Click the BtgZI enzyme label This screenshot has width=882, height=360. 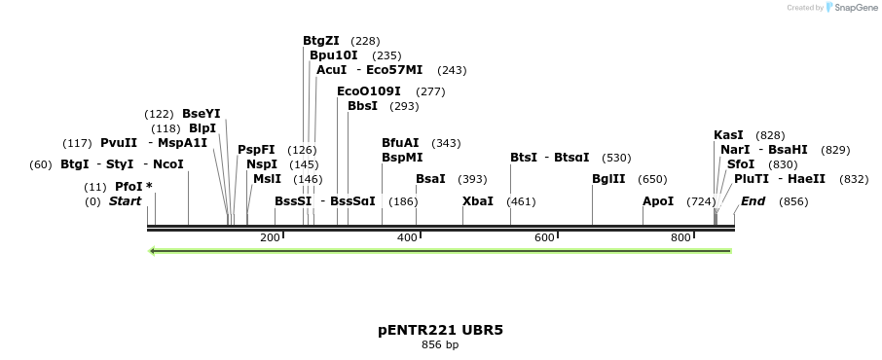point(321,41)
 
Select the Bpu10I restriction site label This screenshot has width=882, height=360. point(334,55)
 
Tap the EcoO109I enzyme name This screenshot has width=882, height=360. point(368,91)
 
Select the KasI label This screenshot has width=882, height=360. point(728,135)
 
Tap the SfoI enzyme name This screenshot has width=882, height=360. point(740,164)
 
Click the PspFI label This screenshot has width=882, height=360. point(256,150)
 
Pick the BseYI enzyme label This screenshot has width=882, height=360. point(202,114)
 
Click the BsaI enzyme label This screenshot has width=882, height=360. point(430,179)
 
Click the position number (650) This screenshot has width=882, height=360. point(652,179)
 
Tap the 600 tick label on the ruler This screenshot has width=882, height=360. point(543,237)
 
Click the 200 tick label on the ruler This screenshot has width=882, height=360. point(270,237)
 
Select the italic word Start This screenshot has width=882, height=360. point(125,201)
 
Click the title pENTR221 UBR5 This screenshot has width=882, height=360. point(440,330)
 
